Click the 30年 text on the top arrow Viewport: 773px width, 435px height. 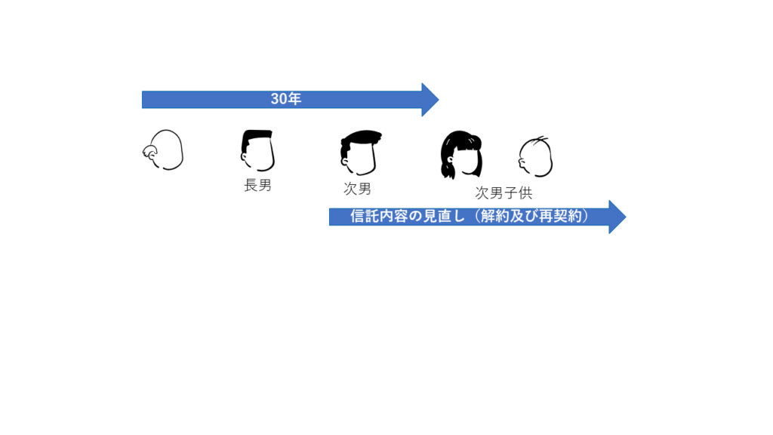tap(286, 99)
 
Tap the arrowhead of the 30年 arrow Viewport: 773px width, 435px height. tap(430, 100)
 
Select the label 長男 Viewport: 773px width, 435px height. tap(258, 186)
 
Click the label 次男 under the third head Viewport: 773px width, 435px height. tap(357, 188)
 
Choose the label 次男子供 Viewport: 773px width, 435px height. tap(504, 193)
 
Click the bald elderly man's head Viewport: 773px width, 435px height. tap(163, 150)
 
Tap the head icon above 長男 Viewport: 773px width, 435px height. tap(257, 150)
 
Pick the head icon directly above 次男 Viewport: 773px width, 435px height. tap(360, 153)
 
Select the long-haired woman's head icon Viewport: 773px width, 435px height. tap(461, 154)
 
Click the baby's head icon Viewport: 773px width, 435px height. tap(535, 156)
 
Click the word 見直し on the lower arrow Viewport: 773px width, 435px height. tap(444, 216)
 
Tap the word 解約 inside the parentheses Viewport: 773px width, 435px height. tap(494, 216)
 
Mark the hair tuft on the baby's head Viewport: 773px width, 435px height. tap(541, 139)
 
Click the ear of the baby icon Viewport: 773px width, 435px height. tap(522, 160)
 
